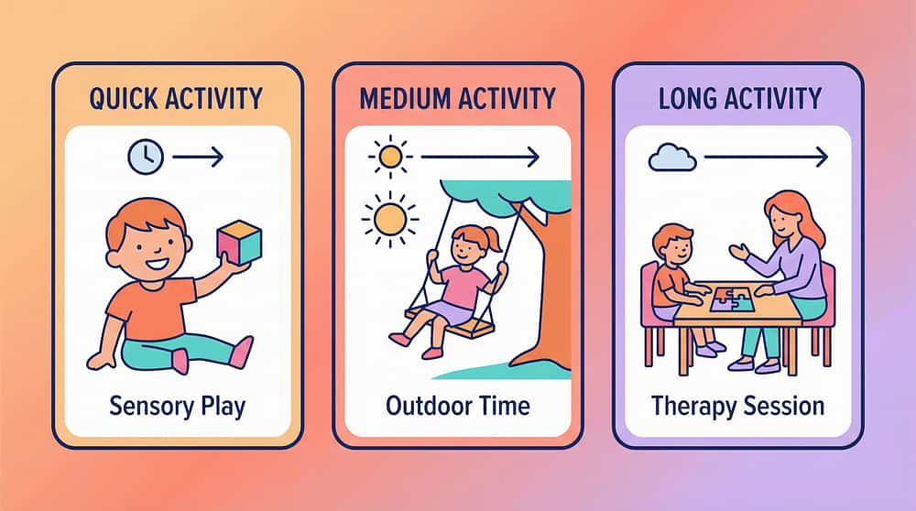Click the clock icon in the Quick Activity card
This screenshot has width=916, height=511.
tap(145, 158)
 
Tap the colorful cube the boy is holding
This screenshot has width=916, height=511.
tap(238, 242)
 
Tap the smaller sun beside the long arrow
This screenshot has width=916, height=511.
tap(390, 157)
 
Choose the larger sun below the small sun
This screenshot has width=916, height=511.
tap(388, 218)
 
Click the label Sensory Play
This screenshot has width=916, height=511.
tap(178, 405)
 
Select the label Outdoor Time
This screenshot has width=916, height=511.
tap(457, 405)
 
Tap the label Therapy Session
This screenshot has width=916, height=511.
tap(737, 405)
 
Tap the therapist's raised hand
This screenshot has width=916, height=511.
tap(738, 250)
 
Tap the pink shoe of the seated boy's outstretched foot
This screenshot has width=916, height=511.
tap(242, 351)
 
